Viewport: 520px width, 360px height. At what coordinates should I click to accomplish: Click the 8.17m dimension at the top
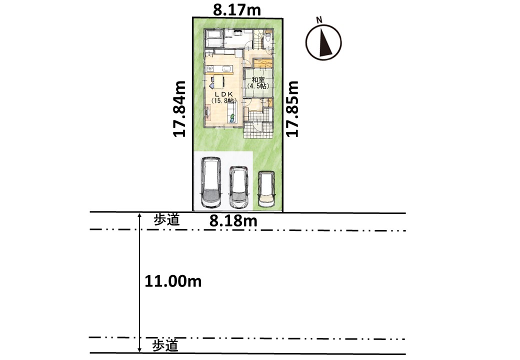[237, 10]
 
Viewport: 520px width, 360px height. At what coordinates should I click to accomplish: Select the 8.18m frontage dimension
[233, 221]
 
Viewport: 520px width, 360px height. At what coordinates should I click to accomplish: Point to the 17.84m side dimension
[179, 108]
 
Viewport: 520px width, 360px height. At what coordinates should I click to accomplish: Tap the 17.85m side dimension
[292, 108]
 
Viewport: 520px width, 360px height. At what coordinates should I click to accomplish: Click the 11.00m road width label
[173, 281]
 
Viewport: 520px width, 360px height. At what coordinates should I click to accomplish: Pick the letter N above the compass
[319, 20]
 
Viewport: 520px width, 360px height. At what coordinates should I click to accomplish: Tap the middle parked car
[239, 187]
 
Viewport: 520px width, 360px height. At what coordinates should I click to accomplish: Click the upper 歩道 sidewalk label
[166, 220]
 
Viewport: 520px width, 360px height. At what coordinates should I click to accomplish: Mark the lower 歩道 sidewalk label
[165, 345]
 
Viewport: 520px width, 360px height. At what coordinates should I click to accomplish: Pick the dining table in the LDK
[218, 81]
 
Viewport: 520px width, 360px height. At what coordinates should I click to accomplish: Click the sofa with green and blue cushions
[232, 114]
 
